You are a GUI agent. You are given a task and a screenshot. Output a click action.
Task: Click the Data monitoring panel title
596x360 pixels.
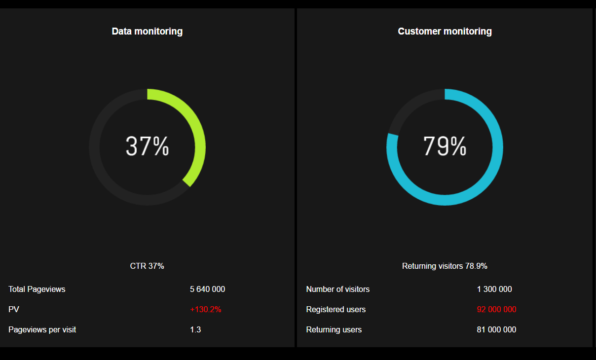point(147,32)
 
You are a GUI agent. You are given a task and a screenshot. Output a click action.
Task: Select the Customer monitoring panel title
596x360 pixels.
point(445,32)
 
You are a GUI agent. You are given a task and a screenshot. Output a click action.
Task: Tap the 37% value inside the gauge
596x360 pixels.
point(147,146)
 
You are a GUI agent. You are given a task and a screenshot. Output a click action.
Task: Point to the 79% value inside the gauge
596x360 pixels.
point(445,146)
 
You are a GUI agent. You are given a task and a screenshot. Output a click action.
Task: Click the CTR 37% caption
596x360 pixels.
point(147,266)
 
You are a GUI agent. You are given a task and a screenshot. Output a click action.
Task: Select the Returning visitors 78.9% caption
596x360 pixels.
point(445,266)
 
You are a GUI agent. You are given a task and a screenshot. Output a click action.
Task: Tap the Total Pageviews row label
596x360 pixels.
point(37,289)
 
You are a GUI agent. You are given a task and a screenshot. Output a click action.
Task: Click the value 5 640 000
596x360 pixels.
point(207,289)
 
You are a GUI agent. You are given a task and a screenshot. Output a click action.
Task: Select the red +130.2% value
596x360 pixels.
point(205,310)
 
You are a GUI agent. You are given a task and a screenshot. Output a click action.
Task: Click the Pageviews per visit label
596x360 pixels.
point(42,330)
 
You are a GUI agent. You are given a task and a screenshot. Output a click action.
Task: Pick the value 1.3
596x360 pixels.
point(195,330)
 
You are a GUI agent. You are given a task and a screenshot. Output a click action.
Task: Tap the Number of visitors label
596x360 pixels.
point(338,289)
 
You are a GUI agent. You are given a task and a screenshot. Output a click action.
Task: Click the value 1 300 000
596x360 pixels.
point(494,289)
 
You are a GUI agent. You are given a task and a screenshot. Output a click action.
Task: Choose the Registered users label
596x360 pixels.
point(336,310)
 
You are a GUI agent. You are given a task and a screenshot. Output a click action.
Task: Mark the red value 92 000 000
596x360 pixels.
point(496,310)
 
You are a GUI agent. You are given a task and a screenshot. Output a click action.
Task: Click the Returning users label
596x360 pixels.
point(334,330)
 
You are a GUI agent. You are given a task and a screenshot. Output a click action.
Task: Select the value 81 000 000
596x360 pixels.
point(496,330)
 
